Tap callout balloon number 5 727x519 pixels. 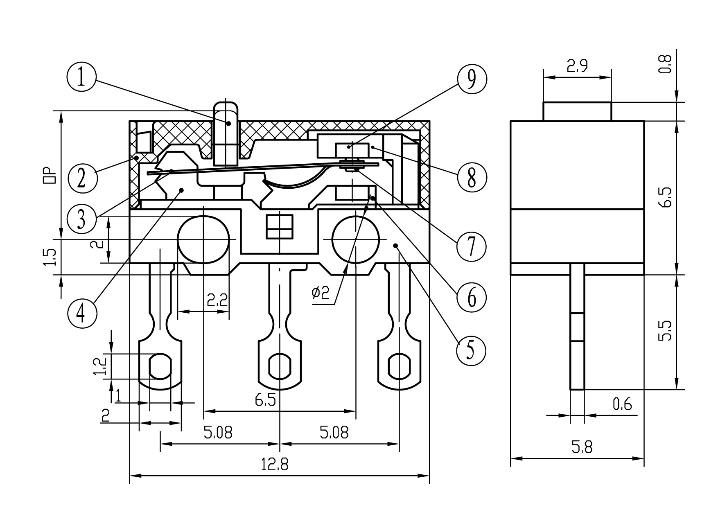tap(471, 350)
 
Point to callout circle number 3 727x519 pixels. tap(82, 219)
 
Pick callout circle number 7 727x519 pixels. tap(472, 246)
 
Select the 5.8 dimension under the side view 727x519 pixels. tap(583, 447)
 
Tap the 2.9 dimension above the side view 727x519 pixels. tap(577, 66)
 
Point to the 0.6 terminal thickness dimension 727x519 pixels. tap(622, 404)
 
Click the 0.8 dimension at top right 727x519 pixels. tap(666, 64)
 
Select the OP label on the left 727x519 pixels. tap(49, 175)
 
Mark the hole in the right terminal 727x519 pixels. tap(399, 366)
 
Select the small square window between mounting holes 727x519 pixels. tap(279, 226)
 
